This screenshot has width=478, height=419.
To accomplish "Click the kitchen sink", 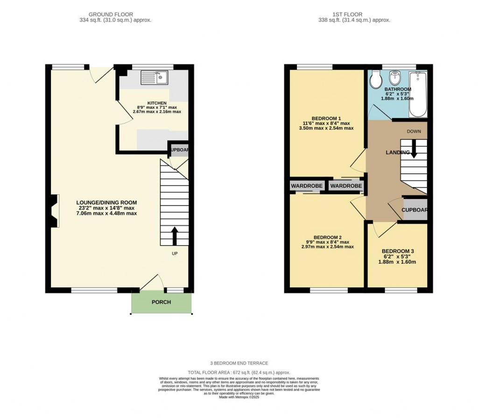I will pyautogui.click(x=154, y=77).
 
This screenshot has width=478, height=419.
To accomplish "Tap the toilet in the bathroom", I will pyautogui.click(x=375, y=80).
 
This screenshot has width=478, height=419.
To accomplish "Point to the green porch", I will pyautogui.click(x=162, y=302).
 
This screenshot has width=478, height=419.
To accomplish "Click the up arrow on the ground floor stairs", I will pyautogui.click(x=175, y=236).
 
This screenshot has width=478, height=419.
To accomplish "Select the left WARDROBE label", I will pyautogui.click(x=307, y=186).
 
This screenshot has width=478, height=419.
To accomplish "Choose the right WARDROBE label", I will pyautogui.click(x=346, y=186).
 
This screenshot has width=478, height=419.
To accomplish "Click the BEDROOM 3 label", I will pyautogui.click(x=398, y=251).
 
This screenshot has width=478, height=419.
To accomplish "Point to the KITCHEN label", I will pyautogui.click(x=157, y=103).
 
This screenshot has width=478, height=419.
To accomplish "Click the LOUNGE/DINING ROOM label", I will pyautogui.click(x=107, y=202).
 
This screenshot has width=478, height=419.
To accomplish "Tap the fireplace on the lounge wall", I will pyautogui.click(x=54, y=211).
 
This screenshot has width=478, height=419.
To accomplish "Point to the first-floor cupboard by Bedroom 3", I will pyautogui.click(x=415, y=210).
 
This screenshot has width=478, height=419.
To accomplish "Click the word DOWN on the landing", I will pyautogui.click(x=414, y=131).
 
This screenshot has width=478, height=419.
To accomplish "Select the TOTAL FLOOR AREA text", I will pyautogui.click(x=239, y=372).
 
